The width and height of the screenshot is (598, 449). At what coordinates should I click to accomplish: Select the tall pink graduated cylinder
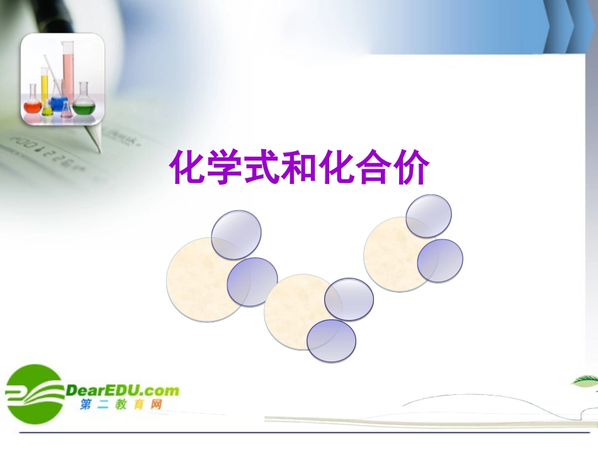point(67,69)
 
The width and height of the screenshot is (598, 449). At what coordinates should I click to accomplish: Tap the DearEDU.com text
point(122,390)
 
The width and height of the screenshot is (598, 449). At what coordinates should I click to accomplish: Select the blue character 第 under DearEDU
point(86,405)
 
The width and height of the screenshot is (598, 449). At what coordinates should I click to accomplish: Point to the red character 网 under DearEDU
point(155,405)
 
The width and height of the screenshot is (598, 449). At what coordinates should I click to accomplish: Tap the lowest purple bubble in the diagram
point(331,341)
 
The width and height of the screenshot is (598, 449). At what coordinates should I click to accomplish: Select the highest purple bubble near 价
point(429,216)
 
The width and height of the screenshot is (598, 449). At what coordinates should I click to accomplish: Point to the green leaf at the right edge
point(585,381)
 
